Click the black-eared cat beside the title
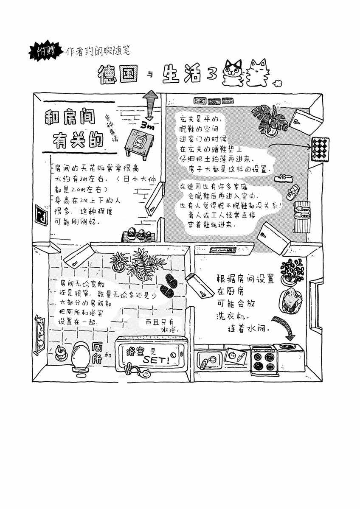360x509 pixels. click(233, 72)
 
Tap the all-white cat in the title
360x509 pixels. click(259, 73)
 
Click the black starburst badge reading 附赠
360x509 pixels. click(45, 51)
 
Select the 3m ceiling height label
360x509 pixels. click(147, 126)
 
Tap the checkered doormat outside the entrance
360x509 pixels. click(320, 149)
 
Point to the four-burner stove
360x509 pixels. click(264, 360)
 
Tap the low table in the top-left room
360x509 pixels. click(140, 143)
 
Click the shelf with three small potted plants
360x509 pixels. click(139, 235)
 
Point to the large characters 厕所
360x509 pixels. click(97, 353)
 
